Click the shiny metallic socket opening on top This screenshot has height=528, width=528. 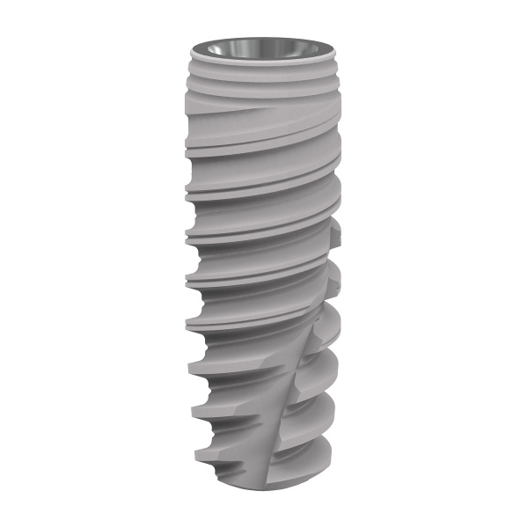tap(263, 47)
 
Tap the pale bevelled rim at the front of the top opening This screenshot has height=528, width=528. tap(263, 59)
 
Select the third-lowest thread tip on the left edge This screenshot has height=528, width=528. tap(188, 362)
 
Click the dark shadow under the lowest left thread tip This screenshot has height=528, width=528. tap(211, 466)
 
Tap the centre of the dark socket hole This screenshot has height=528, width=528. tap(263, 48)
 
